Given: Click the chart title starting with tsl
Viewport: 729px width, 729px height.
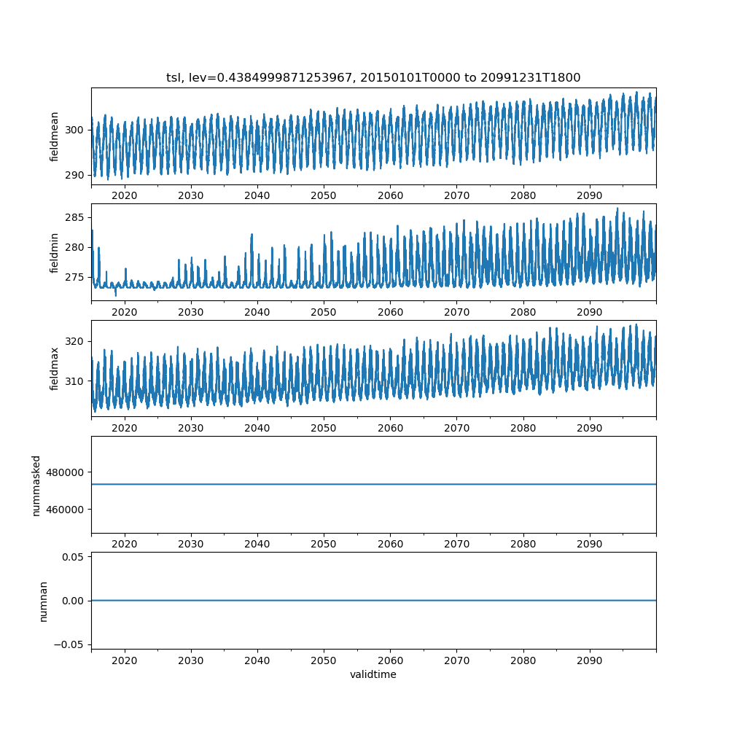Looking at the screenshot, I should click(373, 78).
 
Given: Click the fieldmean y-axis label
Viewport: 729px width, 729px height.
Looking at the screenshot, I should click(55, 136).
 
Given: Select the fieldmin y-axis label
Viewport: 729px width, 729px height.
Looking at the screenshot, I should click(55, 252).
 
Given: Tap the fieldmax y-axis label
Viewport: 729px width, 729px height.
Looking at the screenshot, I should click(55, 368).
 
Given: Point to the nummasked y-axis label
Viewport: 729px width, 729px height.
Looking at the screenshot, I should click(36, 485).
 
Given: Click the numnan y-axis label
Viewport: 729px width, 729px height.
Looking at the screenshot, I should click(43, 601).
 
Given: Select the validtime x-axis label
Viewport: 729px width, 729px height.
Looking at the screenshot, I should click(373, 674).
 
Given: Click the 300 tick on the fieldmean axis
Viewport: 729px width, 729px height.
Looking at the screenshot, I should click(76, 130).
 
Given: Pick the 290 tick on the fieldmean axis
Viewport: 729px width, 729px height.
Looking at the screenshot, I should click(76, 175).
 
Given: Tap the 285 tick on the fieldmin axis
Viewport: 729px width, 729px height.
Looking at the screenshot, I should click(76, 217).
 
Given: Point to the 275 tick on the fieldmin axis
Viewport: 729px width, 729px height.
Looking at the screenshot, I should click(76, 278).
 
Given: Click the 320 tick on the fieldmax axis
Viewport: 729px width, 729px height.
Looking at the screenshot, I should click(76, 341).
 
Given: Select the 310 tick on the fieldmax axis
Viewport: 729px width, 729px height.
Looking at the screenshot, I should click(76, 381).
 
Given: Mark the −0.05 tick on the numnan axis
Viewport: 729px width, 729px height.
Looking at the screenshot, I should click(70, 644).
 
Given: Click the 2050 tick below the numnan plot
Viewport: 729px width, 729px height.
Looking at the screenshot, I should click(324, 660).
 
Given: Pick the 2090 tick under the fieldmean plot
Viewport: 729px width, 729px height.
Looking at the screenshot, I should click(589, 195).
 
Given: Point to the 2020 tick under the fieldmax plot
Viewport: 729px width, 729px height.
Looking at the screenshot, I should click(125, 428).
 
